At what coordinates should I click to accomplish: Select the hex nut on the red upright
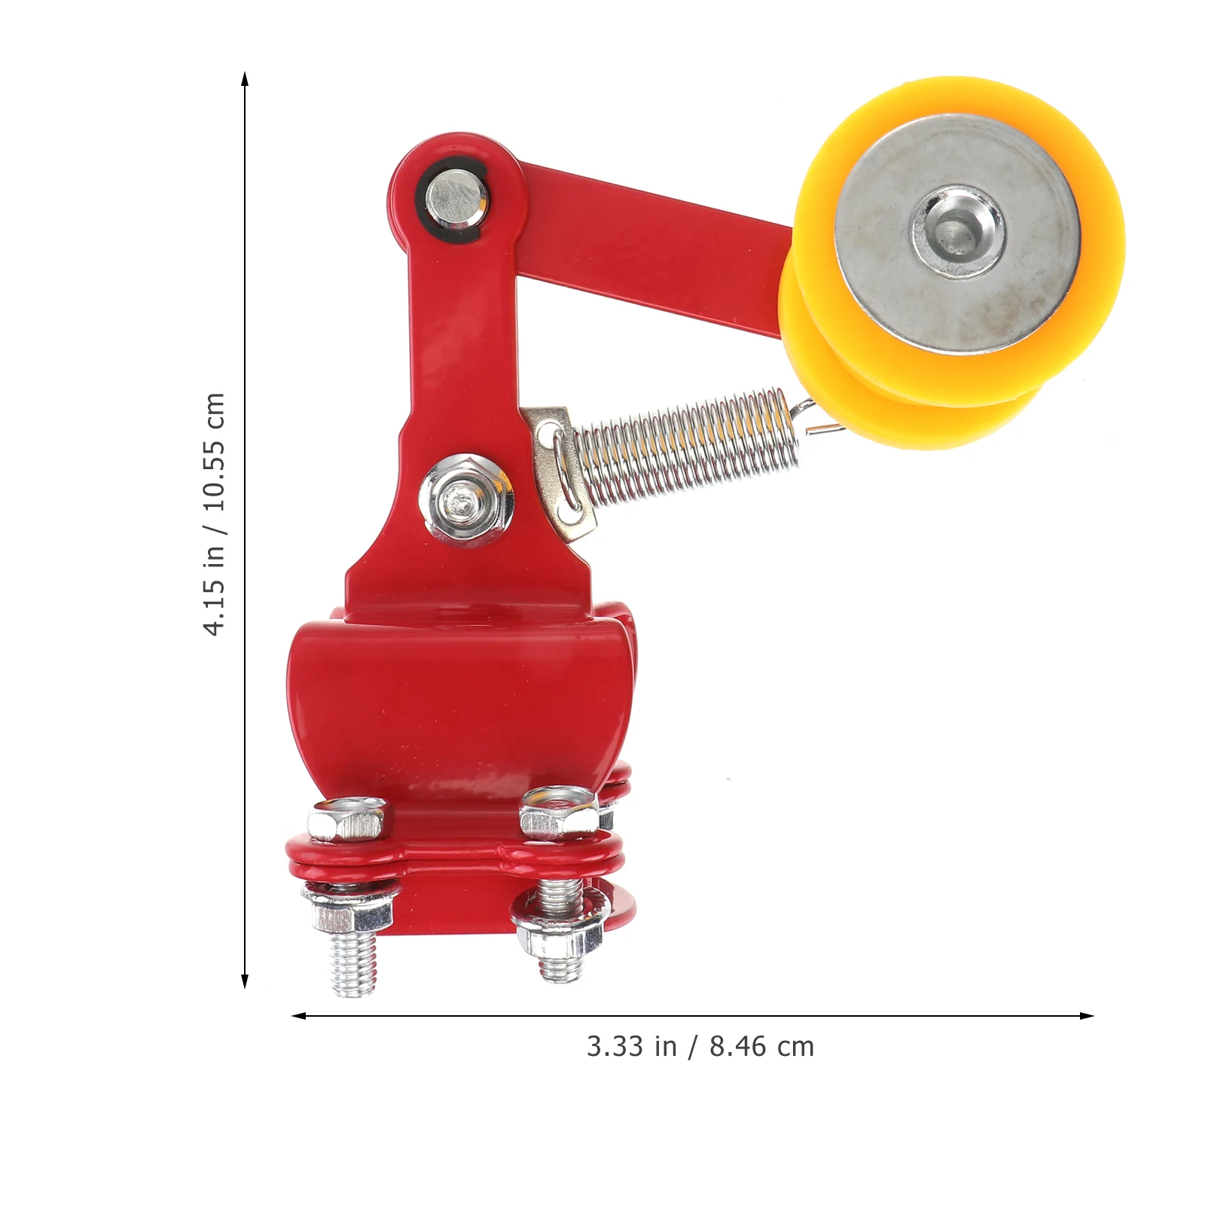tap(468, 500)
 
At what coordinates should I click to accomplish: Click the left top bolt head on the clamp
tap(349, 821)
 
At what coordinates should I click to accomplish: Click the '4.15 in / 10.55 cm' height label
tap(215, 514)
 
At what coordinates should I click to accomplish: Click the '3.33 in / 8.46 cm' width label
tap(700, 1047)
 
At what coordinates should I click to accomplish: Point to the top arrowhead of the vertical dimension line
tap(245, 79)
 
